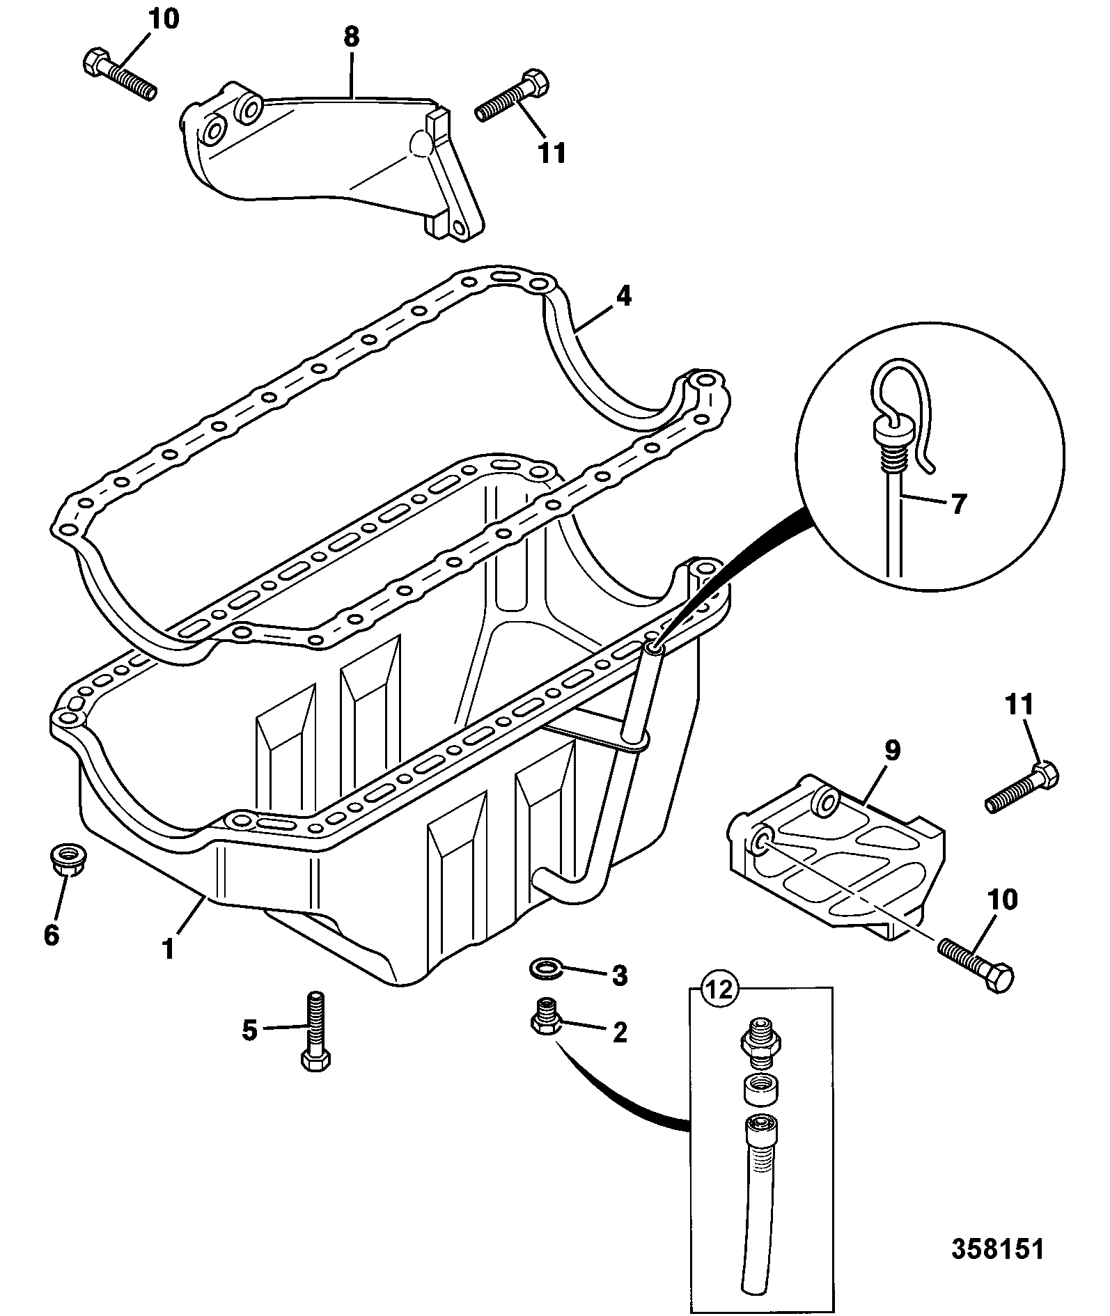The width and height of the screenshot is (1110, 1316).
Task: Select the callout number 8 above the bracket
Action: (352, 37)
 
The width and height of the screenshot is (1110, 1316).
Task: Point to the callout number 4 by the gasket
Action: (623, 297)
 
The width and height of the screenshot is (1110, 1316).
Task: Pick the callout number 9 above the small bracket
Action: (892, 750)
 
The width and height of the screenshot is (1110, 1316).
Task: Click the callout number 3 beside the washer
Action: (618, 976)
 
